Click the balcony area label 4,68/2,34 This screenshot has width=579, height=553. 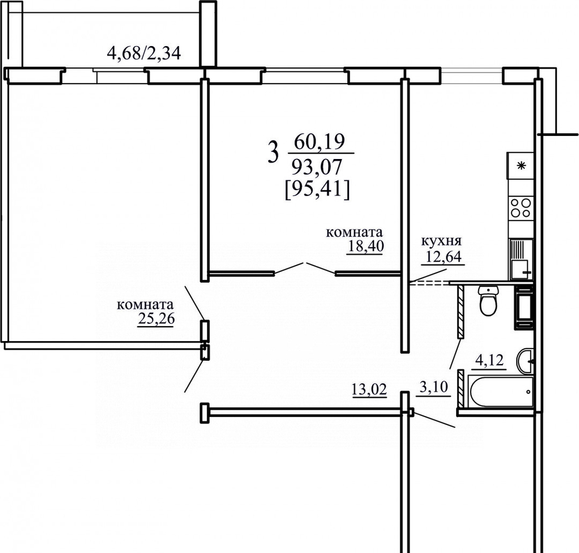pos(144,53)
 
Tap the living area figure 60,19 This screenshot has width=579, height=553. pos(319,142)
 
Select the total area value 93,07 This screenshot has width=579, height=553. pos(317,168)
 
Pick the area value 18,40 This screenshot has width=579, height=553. pos(365,246)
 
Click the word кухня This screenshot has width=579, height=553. pos(441,241)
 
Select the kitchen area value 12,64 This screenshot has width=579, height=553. pos(443,256)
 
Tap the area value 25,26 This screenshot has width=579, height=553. pos(156,319)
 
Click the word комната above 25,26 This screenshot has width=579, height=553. pos(145,305)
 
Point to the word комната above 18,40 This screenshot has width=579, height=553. pos(355,233)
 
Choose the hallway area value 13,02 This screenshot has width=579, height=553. pos(369,389)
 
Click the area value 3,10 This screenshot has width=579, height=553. pos(434,387)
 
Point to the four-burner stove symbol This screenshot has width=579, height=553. pos(521,208)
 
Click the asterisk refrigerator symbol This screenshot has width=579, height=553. pos(521,165)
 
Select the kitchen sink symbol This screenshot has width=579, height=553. pos(521,259)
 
